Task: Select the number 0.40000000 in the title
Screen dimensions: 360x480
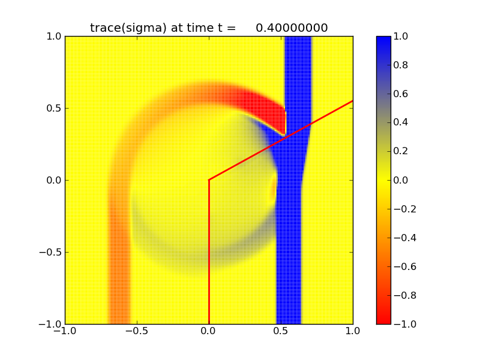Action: click(x=292, y=28)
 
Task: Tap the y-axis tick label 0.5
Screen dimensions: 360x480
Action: click(x=52, y=108)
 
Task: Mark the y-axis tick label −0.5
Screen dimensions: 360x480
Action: click(x=49, y=252)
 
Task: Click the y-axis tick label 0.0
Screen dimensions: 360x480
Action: click(x=52, y=180)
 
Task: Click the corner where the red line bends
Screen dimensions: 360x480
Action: click(x=209, y=179)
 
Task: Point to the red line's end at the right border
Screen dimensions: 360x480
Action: click(x=352, y=101)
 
